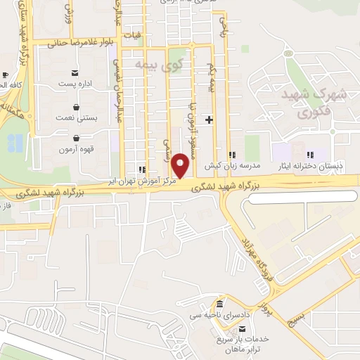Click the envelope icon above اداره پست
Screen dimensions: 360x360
pos(75,73)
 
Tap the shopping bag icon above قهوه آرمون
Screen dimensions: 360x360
pos(76,138)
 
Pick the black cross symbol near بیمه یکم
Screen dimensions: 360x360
pos(209,120)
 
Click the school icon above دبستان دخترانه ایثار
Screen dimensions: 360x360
pos(310,155)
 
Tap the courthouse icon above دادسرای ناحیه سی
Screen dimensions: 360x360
pos(219,304)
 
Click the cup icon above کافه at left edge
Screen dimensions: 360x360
pos(5,74)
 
